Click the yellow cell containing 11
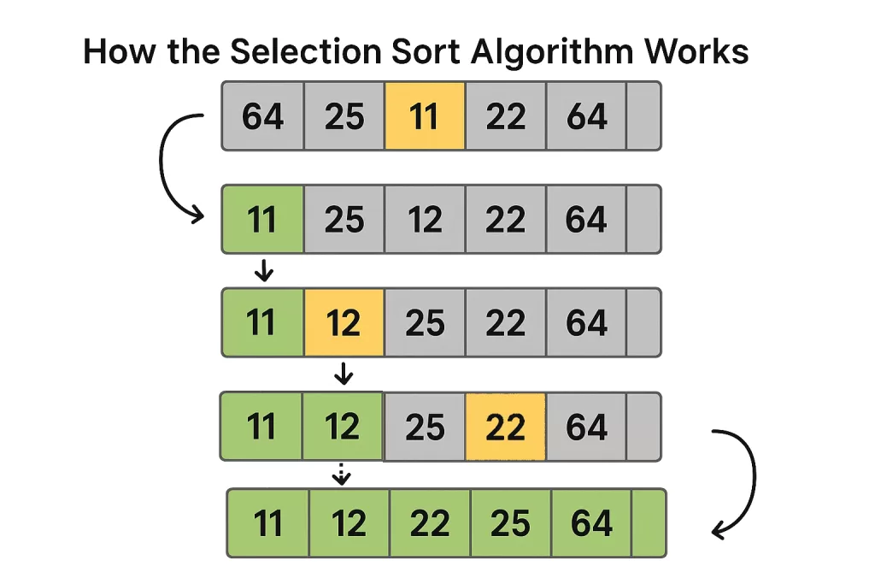click(425, 116)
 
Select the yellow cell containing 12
click(344, 322)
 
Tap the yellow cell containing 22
click(505, 427)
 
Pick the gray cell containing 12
click(425, 220)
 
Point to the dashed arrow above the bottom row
click(342, 474)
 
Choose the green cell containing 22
click(430, 522)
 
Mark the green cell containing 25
click(511, 522)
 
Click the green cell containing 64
click(591, 522)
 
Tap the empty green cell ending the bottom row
click(649, 522)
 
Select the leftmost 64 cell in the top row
click(263, 116)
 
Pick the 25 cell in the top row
click(344, 116)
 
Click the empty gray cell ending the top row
click(643, 116)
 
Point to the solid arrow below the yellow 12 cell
click(343, 373)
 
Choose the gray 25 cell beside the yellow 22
click(425, 427)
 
